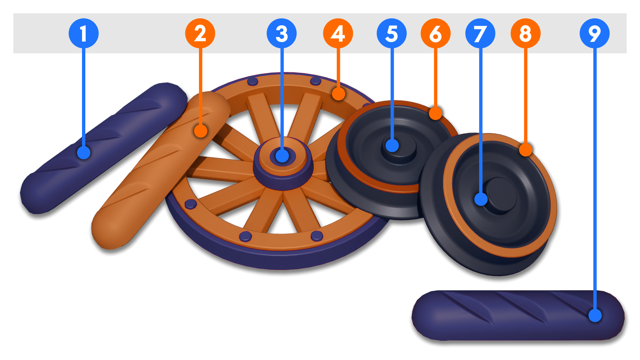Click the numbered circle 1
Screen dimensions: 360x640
pos(83,33)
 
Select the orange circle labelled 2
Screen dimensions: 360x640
pos(200,33)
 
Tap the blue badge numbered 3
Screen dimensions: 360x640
pos(282,33)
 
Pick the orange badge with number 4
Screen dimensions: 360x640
pos(338,33)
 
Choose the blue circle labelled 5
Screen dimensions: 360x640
pos(392,33)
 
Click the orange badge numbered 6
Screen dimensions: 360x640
pos(436,33)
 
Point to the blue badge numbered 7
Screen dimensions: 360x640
pos(480,33)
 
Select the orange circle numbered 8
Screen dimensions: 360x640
pos(526,33)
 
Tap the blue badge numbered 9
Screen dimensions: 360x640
pos(595,33)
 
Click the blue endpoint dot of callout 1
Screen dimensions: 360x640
pos(84,153)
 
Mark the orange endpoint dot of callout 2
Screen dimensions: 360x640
pos(200,131)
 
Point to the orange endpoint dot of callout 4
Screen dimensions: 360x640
pos(339,94)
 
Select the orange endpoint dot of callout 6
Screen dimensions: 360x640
pos(436,113)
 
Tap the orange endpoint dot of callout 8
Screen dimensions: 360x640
pos(526,150)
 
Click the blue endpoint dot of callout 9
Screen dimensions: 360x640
pos(595,315)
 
